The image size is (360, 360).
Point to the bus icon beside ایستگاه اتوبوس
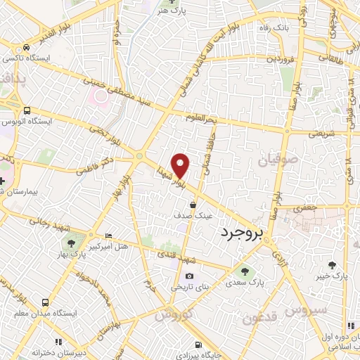click(x=26, y=110)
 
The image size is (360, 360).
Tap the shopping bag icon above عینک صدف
click(x=193, y=205)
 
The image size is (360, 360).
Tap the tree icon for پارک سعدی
click(x=244, y=270)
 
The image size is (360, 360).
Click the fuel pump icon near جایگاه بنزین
click(x=199, y=344)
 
